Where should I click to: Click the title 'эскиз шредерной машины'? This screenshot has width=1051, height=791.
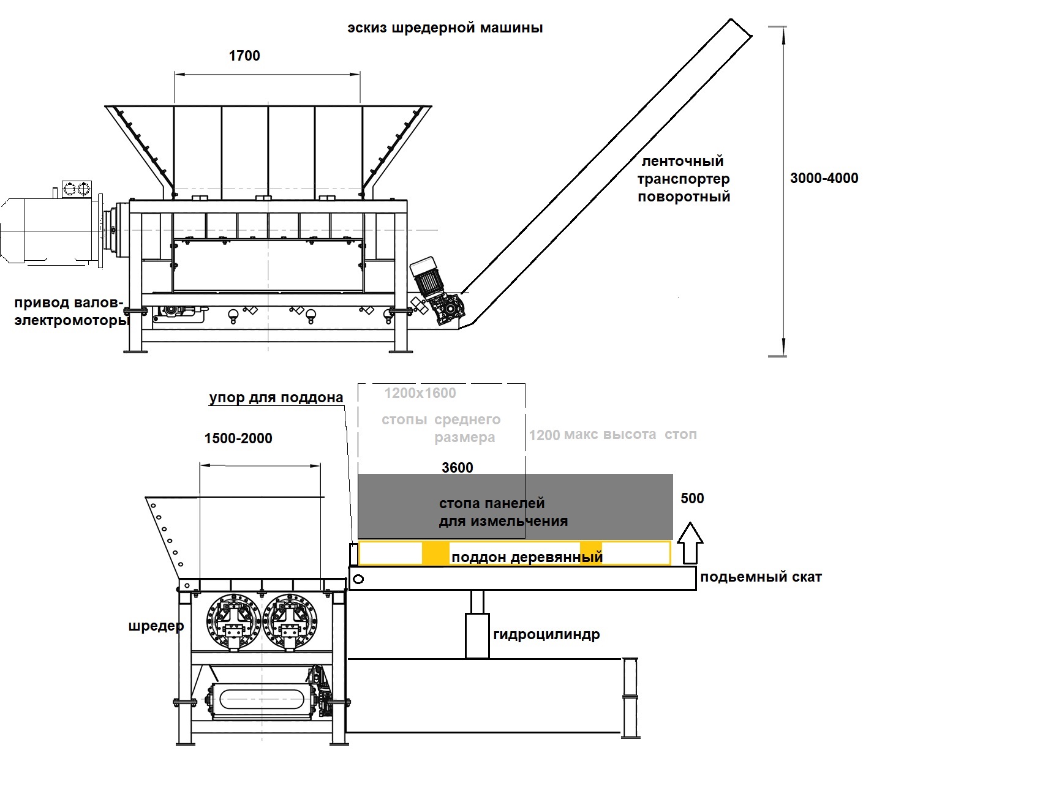tap(445, 28)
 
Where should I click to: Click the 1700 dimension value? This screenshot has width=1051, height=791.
tap(244, 56)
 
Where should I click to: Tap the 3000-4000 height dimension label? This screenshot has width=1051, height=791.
tap(824, 178)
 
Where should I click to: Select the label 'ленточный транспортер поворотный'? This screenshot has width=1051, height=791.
tap(684, 179)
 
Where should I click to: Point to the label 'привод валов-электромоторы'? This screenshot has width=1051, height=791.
tap(72, 312)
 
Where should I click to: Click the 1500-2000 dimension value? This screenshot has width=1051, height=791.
tap(238, 438)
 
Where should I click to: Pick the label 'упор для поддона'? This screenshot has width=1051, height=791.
tap(276, 398)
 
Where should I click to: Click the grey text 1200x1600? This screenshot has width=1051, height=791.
tap(420, 393)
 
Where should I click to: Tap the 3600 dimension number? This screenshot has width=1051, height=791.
tap(458, 468)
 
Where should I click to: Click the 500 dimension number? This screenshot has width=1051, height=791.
tap(692, 498)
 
